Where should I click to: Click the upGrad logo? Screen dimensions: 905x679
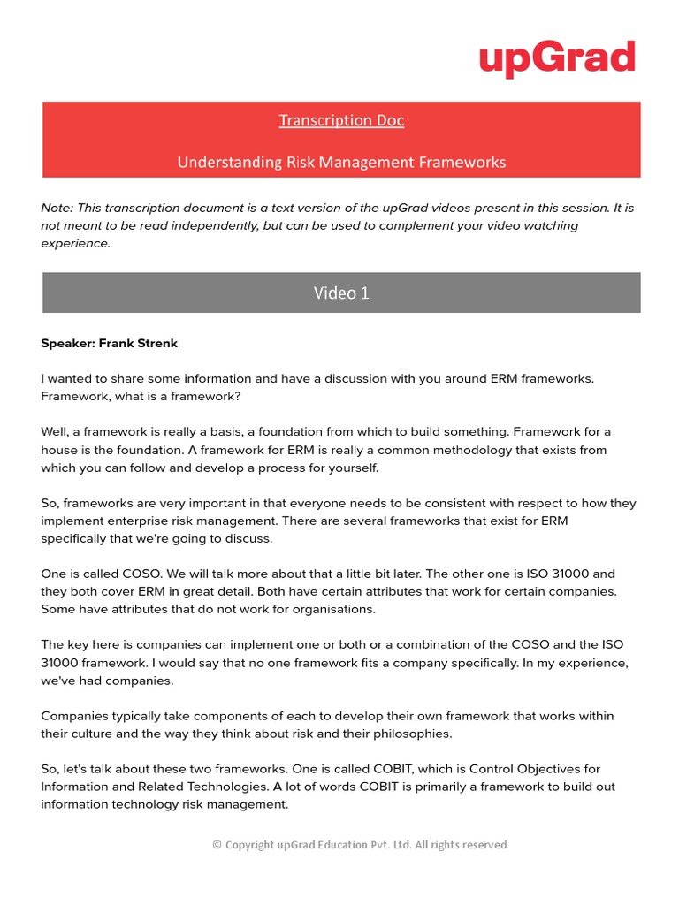(x=557, y=58)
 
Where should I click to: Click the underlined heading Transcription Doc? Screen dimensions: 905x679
(x=341, y=120)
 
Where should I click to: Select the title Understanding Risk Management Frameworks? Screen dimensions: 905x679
(x=341, y=162)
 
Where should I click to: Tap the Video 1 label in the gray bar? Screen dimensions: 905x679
(x=341, y=293)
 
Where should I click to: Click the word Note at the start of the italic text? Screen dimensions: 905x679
(x=57, y=208)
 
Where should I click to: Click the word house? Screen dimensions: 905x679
(x=61, y=450)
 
